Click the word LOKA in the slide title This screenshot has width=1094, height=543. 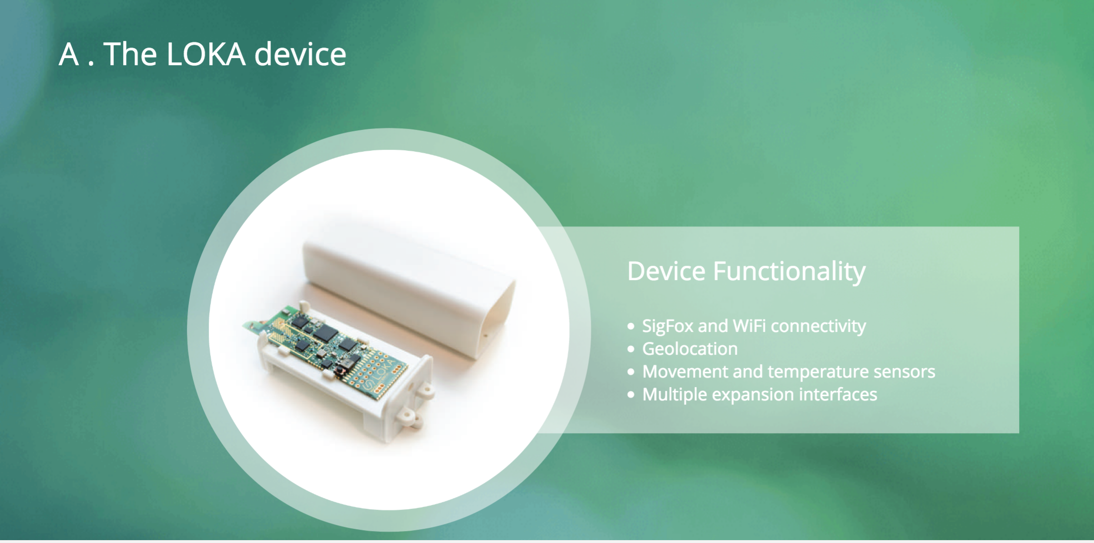point(206,54)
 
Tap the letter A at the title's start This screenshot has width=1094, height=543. point(69,54)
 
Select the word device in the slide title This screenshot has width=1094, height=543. point(300,53)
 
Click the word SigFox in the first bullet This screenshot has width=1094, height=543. point(668,327)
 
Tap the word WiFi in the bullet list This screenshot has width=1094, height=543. point(750,326)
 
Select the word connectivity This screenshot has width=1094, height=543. point(819,327)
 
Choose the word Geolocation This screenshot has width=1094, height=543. point(690,349)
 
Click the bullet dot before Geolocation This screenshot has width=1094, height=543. point(631,349)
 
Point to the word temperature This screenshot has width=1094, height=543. point(818,372)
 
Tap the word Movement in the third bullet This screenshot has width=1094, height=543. point(685,372)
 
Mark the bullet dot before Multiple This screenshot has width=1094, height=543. point(631,395)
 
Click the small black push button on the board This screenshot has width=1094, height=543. point(341,369)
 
